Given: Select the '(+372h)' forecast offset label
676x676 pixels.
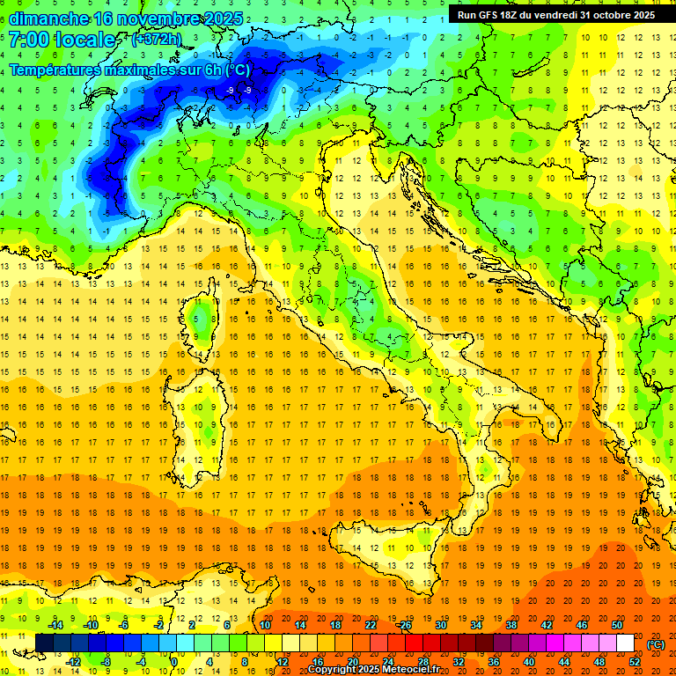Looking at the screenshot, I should tap(158, 40).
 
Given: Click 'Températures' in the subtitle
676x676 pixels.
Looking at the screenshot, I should tap(59, 70).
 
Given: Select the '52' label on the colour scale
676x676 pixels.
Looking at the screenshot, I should tap(635, 662).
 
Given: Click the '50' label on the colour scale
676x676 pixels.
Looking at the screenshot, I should tap(617, 625).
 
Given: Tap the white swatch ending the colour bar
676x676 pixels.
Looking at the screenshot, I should tap(625, 643).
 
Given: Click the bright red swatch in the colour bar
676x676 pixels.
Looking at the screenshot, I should tap(414, 643).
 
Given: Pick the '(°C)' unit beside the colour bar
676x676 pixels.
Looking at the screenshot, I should tap(656, 644).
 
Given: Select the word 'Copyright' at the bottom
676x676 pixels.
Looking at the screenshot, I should tap(332, 670).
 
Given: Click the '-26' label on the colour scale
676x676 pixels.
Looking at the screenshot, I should tap(404, 625).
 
